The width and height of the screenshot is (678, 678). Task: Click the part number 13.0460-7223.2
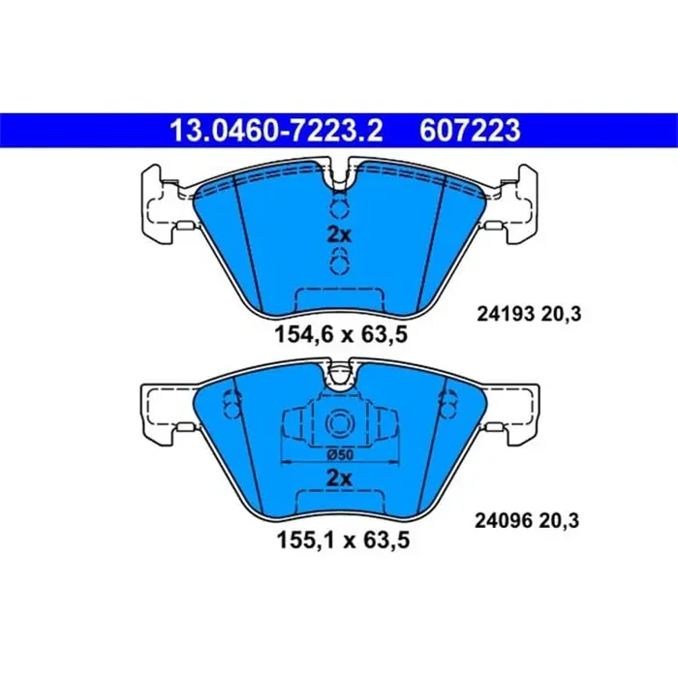(x=277, y=131)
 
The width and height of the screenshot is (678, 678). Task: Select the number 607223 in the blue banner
(x=470, y=131)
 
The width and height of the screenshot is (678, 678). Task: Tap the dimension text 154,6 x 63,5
(x=341, y=335)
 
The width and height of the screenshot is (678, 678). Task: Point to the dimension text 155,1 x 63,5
(x=343, y=540)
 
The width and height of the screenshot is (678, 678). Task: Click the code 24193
(x=506, y=315)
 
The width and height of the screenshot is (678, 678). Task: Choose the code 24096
(x=504, y=521)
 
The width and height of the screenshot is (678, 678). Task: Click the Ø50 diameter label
(x=340, y=454)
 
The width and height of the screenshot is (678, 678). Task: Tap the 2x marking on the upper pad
(x=339, y=235)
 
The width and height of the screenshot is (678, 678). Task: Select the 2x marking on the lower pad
(x=339, y=478)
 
